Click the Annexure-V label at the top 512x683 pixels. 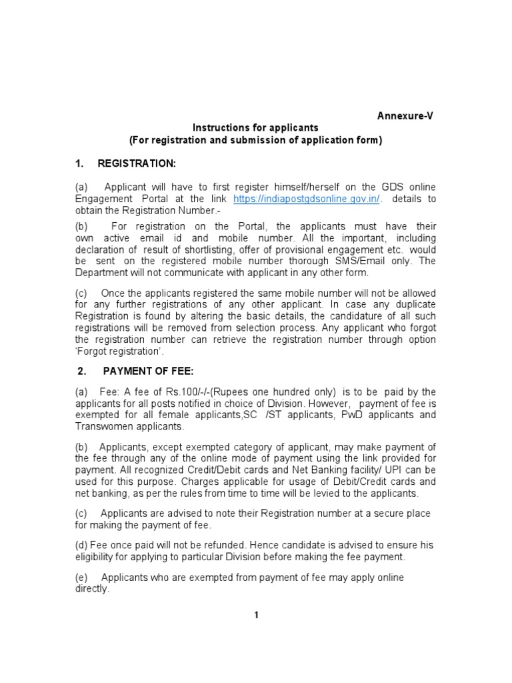pyautogui.click(x=405, y=115)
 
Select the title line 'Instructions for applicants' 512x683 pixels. pyautogui.click(x=256, y=127)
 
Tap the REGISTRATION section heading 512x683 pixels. pyautogui.click(x=137, y=163)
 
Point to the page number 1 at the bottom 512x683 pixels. pyautogui.click(x=255, y=615)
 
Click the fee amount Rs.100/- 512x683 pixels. pyautogui.click(x=183, y=392)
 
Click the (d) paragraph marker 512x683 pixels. pyautogui.click(x=81, y=545)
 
